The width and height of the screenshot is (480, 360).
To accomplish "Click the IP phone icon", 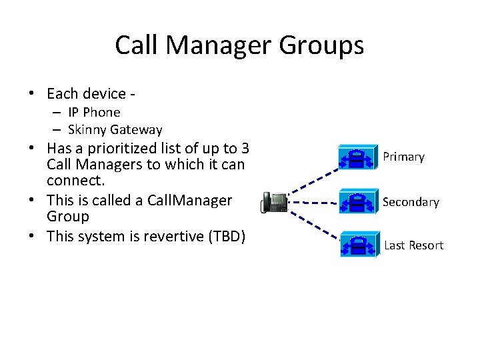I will pyautogui.click(x=274, y=201).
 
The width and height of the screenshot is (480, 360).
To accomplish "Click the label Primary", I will pyautogui.click(x=403, y=157).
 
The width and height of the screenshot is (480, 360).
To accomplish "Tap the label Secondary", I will pyautogui.click(x=411, y=202).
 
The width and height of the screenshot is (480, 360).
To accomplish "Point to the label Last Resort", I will pyautogui.click(x=413, y=245).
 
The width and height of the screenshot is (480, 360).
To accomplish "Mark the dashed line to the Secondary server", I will pyautogui.click(x=313, y=201).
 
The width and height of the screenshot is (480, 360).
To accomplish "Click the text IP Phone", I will pyautogui.click(x=94, y=113).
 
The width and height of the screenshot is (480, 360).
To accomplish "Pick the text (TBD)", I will pyautogui.click(x=225, y=236).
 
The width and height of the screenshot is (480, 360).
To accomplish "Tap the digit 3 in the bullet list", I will pyautogui.click(x=245, y=148).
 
